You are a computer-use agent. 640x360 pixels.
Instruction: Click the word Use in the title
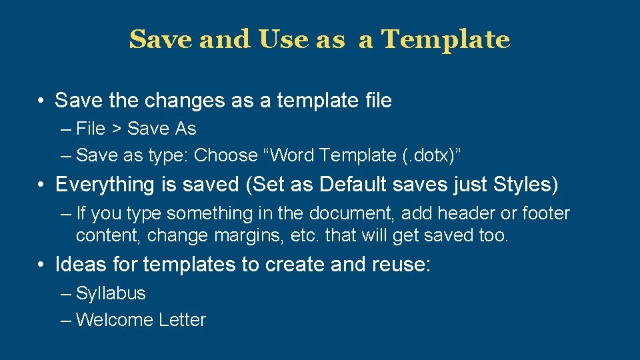[x=283, y=40]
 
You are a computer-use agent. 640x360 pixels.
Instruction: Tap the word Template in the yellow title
[x=446, y=40]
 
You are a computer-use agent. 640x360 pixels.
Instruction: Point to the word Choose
[x=227, y=155]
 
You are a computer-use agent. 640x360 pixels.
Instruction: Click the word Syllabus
[x=111, y=293]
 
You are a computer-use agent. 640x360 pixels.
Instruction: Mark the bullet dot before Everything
[x=41, y=185]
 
